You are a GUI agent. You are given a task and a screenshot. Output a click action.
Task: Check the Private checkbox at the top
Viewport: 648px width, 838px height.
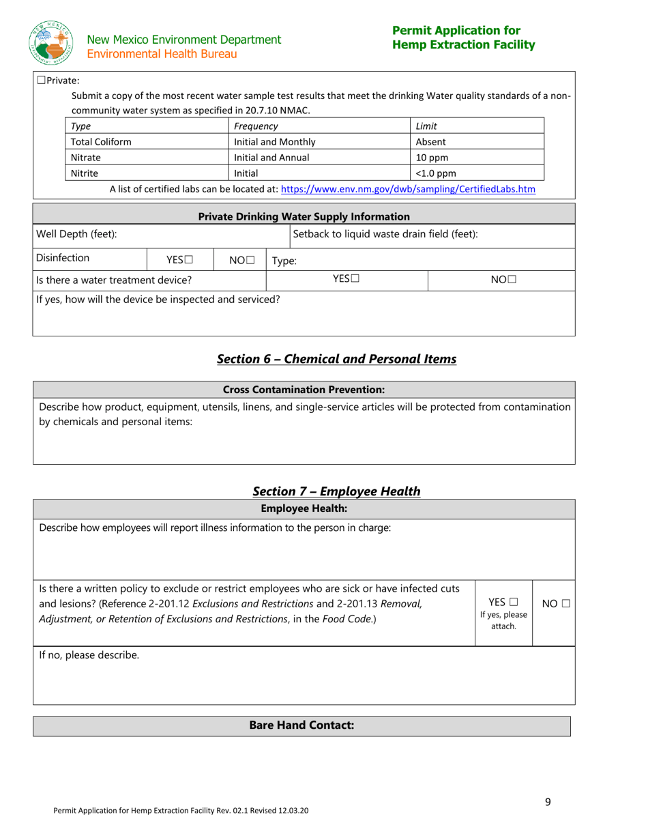pos(41,81)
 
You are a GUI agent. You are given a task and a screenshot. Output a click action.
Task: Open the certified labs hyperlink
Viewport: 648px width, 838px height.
pos(408,188)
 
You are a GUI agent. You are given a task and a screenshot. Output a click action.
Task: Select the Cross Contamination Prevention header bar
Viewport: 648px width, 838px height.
pos(304,390)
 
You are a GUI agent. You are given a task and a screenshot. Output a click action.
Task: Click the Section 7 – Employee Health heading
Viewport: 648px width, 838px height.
pos(336,491)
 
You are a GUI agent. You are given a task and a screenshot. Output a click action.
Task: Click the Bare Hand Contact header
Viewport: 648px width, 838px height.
pos(301,726)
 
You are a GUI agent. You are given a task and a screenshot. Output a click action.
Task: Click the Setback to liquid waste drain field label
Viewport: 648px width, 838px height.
pos(385,235)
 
